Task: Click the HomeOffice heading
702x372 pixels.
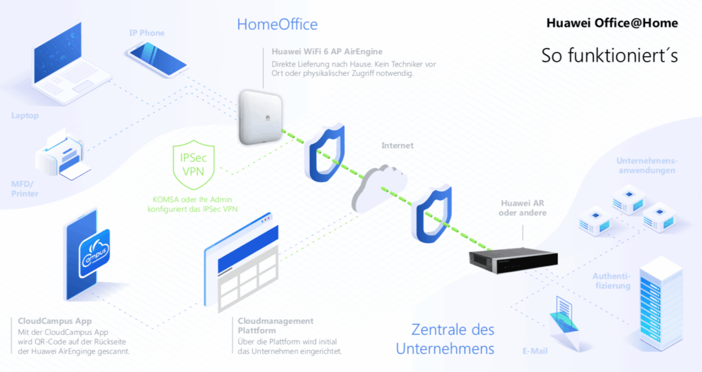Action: [x=277, y=25]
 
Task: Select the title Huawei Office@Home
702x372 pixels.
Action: [x=612, y=23]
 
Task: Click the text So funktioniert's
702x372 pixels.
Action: [x=609, y=55]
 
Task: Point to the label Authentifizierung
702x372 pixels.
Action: [x=606, y=281]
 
